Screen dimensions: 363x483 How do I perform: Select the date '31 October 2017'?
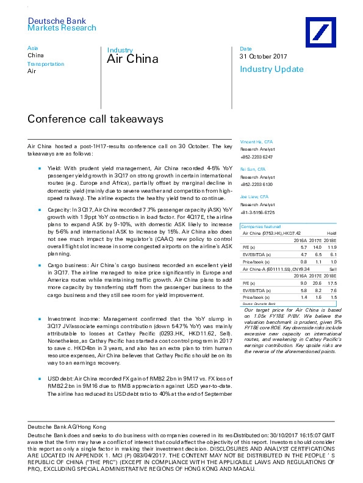262,57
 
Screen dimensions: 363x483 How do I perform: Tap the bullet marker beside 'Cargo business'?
38,265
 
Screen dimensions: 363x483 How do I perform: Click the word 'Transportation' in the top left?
46,63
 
